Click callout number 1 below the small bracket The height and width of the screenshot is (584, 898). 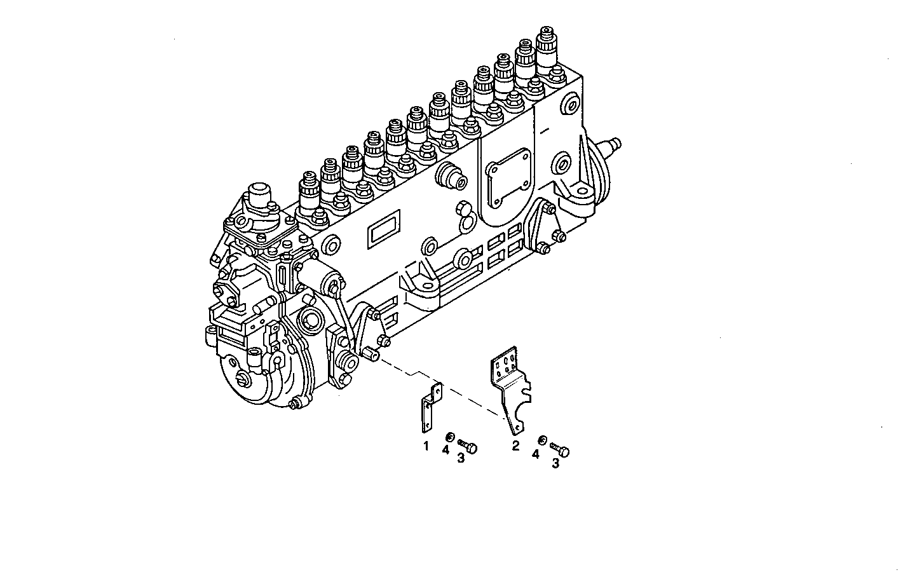[x=426, y=445]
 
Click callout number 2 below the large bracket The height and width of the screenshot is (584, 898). [x=515, y=445]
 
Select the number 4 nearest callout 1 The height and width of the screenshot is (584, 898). [x=446, y=450]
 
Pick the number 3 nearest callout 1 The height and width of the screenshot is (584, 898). [x=461, y=458]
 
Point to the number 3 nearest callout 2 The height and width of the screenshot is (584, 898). [x=555, y=464]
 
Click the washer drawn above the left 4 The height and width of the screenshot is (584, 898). [x=450, y=437]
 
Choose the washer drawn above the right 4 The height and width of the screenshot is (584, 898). [x=542, y=440]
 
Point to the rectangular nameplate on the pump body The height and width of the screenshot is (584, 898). [x=380, y=227]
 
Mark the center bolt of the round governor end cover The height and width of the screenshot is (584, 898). [x=243, y=379]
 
